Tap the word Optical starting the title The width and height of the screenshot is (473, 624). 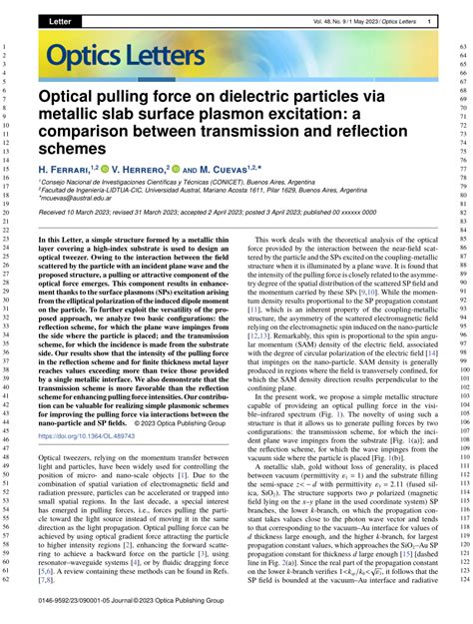(71, 97)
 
